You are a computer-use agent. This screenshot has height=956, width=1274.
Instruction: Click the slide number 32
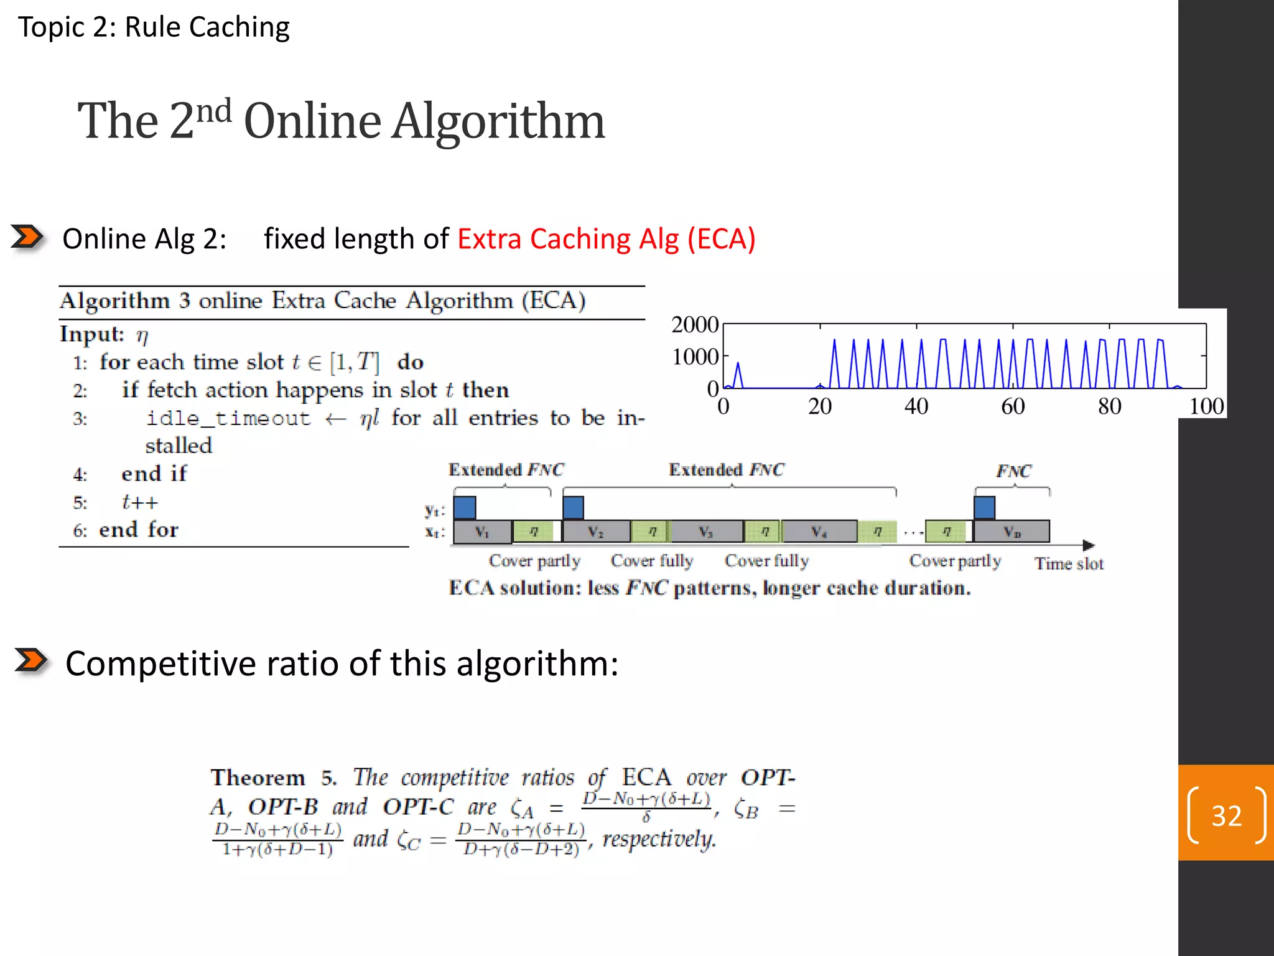1226,815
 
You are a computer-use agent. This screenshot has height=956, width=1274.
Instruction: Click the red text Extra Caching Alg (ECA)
607,239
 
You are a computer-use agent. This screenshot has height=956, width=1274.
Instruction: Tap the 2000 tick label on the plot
694,324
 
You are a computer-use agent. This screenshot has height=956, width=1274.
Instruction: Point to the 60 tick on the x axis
1013,406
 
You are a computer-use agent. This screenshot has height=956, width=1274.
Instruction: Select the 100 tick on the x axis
1206,406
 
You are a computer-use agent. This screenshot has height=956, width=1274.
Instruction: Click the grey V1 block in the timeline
482,532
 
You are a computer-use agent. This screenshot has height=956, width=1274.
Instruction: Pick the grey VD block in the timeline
1012,532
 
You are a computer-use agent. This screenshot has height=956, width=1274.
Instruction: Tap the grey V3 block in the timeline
705,532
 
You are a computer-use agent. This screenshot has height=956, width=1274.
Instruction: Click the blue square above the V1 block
465,507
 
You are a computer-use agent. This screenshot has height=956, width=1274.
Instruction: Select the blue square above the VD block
984,507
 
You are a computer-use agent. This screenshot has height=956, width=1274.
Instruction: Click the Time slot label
1069,564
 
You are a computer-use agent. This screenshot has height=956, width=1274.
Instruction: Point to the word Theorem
258,778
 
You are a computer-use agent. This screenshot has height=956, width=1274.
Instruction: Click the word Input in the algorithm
90,334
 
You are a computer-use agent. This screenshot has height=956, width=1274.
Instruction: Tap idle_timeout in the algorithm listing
228,418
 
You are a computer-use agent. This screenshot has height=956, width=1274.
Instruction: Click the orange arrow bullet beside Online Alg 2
27,237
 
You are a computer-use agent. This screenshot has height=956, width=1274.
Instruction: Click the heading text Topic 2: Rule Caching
154,27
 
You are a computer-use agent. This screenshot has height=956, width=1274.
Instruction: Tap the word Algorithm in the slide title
498,121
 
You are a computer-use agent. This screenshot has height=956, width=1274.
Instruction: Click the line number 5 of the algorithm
80,502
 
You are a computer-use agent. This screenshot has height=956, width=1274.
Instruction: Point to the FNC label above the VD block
1013,471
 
